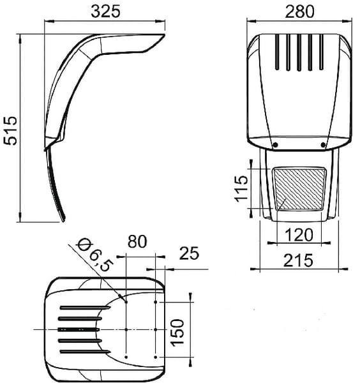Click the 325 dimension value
[x=105, y=11]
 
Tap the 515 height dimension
[x=10, y=130]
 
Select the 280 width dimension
[x=299, y=11]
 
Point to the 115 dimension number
[x=241, y=188]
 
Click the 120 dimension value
[x=299, y=235]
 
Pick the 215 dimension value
[x=298, y=260]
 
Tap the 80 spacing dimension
[x=137, y=241]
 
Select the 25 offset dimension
[x=190, y=253]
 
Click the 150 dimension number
[x=177, y=333]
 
